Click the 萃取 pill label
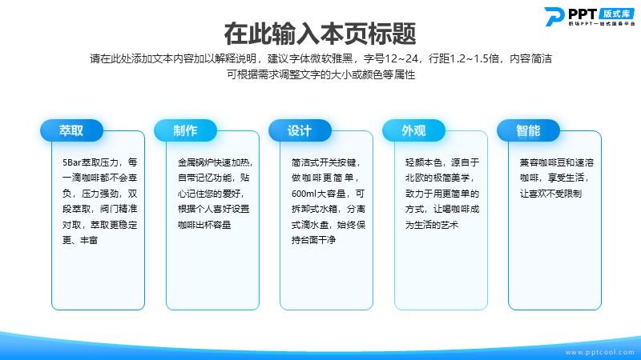[71, 130]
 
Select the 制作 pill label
[185, 130]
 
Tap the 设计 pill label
[300, 130]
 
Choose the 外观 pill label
[413, 130]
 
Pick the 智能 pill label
[528, 130]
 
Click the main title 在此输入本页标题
[320, 34]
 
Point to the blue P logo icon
[554, 16]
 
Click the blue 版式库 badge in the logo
[616, 14]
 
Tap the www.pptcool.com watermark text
[599, 352]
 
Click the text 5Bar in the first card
[71, 162]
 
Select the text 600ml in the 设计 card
[303, 194]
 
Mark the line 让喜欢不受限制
[550, 194]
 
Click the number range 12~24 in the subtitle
[402, 58]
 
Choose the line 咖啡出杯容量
[204, 225]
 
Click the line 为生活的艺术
[432, 225]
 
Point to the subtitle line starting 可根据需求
[321, 74]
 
